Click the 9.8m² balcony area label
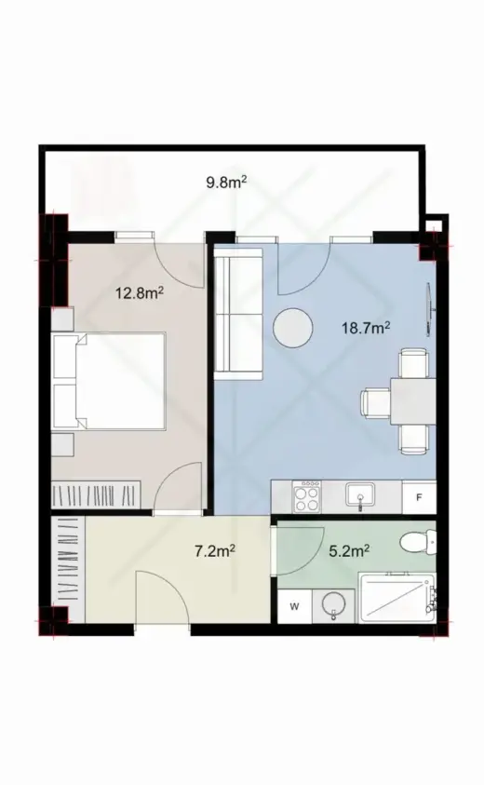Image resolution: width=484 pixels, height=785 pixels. (227, 182)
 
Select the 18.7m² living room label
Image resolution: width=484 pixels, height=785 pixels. (366, 328)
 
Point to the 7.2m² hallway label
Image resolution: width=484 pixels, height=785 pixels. (215, 551)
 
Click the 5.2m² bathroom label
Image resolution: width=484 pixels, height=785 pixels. (349, 551)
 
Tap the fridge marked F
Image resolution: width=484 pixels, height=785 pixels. (419, 497)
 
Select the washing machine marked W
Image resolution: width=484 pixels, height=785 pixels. (295, 607)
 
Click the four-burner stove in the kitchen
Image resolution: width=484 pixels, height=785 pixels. (307, 496)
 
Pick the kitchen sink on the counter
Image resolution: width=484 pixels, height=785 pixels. (360, 494)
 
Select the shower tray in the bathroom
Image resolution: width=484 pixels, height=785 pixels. (397, 598)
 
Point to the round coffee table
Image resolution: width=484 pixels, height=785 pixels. (293, 328)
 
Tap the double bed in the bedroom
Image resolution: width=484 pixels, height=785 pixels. (109, 381)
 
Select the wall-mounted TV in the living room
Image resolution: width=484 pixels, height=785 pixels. (429, 309)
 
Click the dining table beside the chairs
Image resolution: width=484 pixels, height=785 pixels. (413, 401)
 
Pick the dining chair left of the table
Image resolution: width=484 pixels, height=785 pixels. (376, 402)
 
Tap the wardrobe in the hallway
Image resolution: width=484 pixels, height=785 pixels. (69, 570)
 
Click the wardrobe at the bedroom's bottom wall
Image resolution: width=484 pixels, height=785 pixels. (97, 495)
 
